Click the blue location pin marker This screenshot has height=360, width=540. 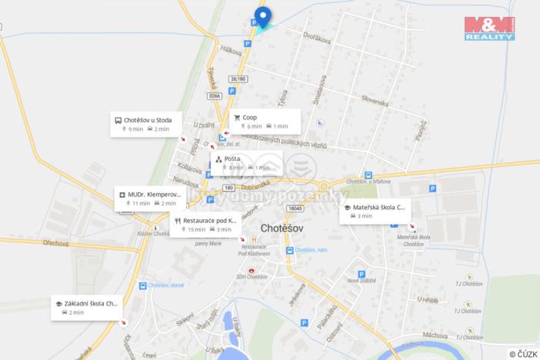262,17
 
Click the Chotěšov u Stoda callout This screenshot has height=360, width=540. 147,124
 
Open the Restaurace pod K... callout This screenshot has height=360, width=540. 205,224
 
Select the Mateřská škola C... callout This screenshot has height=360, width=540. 375,212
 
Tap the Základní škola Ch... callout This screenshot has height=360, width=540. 87,307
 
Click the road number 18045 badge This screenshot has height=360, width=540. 294,208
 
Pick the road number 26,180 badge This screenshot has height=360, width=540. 238,78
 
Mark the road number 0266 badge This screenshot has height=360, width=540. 214,96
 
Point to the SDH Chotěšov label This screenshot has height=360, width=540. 252,277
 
